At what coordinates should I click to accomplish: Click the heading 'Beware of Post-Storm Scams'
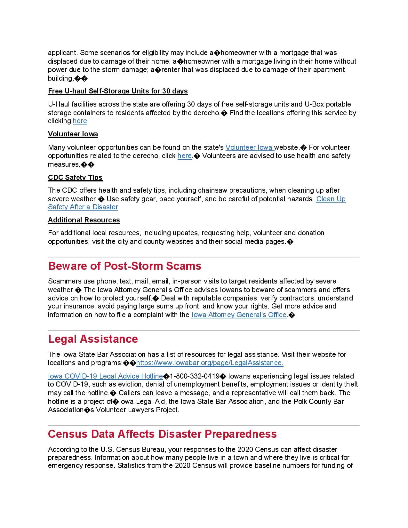point(124,266)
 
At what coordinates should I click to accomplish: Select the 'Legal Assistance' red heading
point(93,339)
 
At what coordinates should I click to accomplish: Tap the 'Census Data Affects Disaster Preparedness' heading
point(162,434)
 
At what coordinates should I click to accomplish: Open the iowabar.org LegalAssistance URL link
point(210,363)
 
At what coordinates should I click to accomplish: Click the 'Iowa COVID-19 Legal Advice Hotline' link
point(105,376)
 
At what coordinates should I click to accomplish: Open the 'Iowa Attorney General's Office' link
point(239,315)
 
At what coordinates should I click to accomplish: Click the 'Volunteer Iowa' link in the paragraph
point(249,148)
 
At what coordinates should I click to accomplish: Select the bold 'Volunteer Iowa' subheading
point(73,134)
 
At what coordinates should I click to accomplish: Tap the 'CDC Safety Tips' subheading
point(75,178)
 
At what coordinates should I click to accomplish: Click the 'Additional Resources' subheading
point(84,220)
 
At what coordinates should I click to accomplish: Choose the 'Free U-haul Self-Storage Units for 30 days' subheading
point(118,91)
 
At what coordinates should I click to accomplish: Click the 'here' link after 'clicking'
point(80,121)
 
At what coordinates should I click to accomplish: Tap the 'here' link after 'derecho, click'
point(185,156)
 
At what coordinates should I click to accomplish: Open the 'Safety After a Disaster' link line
point(83,207)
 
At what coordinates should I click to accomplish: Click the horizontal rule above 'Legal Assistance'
point(204,330)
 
